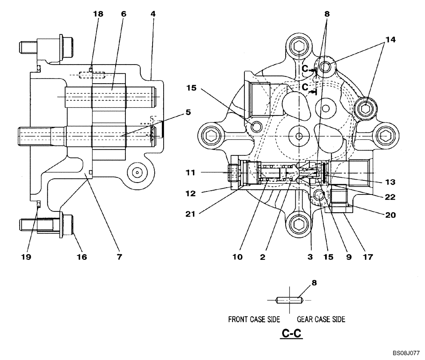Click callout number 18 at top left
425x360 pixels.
pyautogui.click(x=98, y=14)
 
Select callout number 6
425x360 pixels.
pyautogui.click(x=123, y=14)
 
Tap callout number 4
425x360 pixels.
pyautogui.click(x=153, y=14)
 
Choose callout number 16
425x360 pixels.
pyautogui.click(x=81, y=256)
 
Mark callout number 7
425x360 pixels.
pyautogui.click(x=119, y=256)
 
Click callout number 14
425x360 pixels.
pyautogui.click(x=390, y=39)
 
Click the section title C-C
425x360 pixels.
pyautogui.click(x=292, y=334)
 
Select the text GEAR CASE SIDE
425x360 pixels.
pyautogui.click(x=321, y=319)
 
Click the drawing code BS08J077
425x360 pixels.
pyautogui.click(x=406, y=353)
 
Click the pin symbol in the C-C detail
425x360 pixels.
pyautogui.click(x=289, y=300)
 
